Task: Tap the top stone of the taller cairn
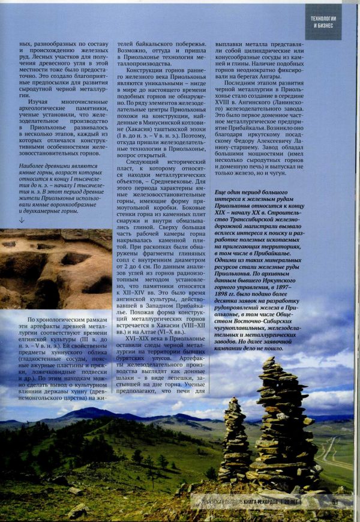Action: coord(268,361)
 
